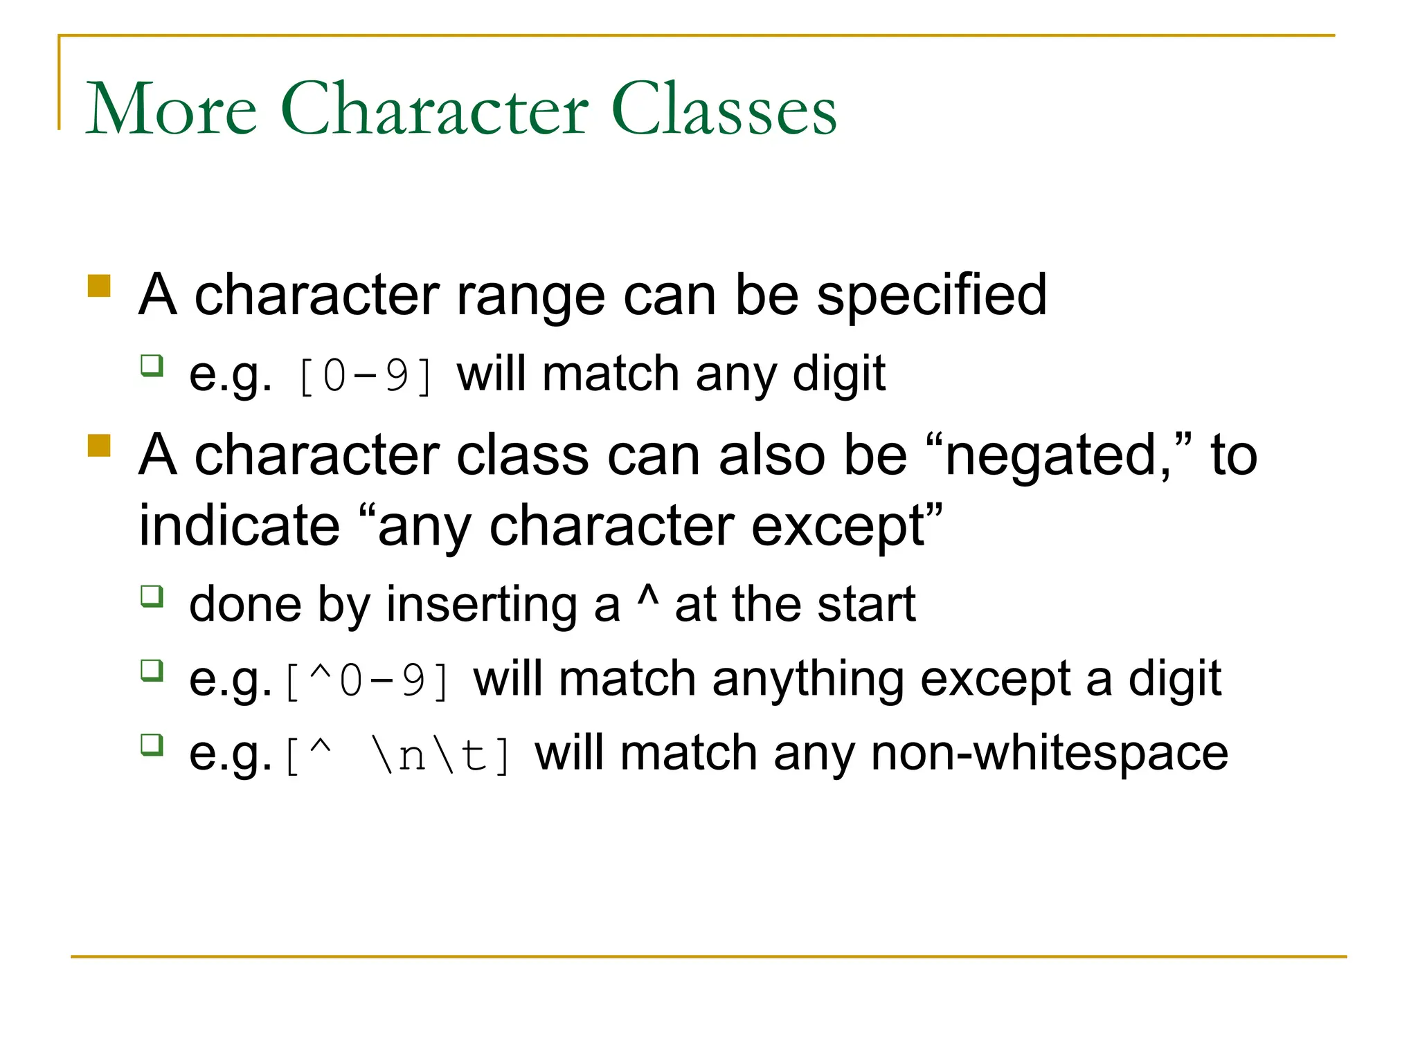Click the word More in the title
(171, 109)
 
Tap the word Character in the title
(434, 109)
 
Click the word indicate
(239, 526)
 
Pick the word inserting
(481, 605)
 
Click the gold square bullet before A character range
(100, 286)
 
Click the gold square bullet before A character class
(100, 446)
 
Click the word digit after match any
(838, 374)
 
